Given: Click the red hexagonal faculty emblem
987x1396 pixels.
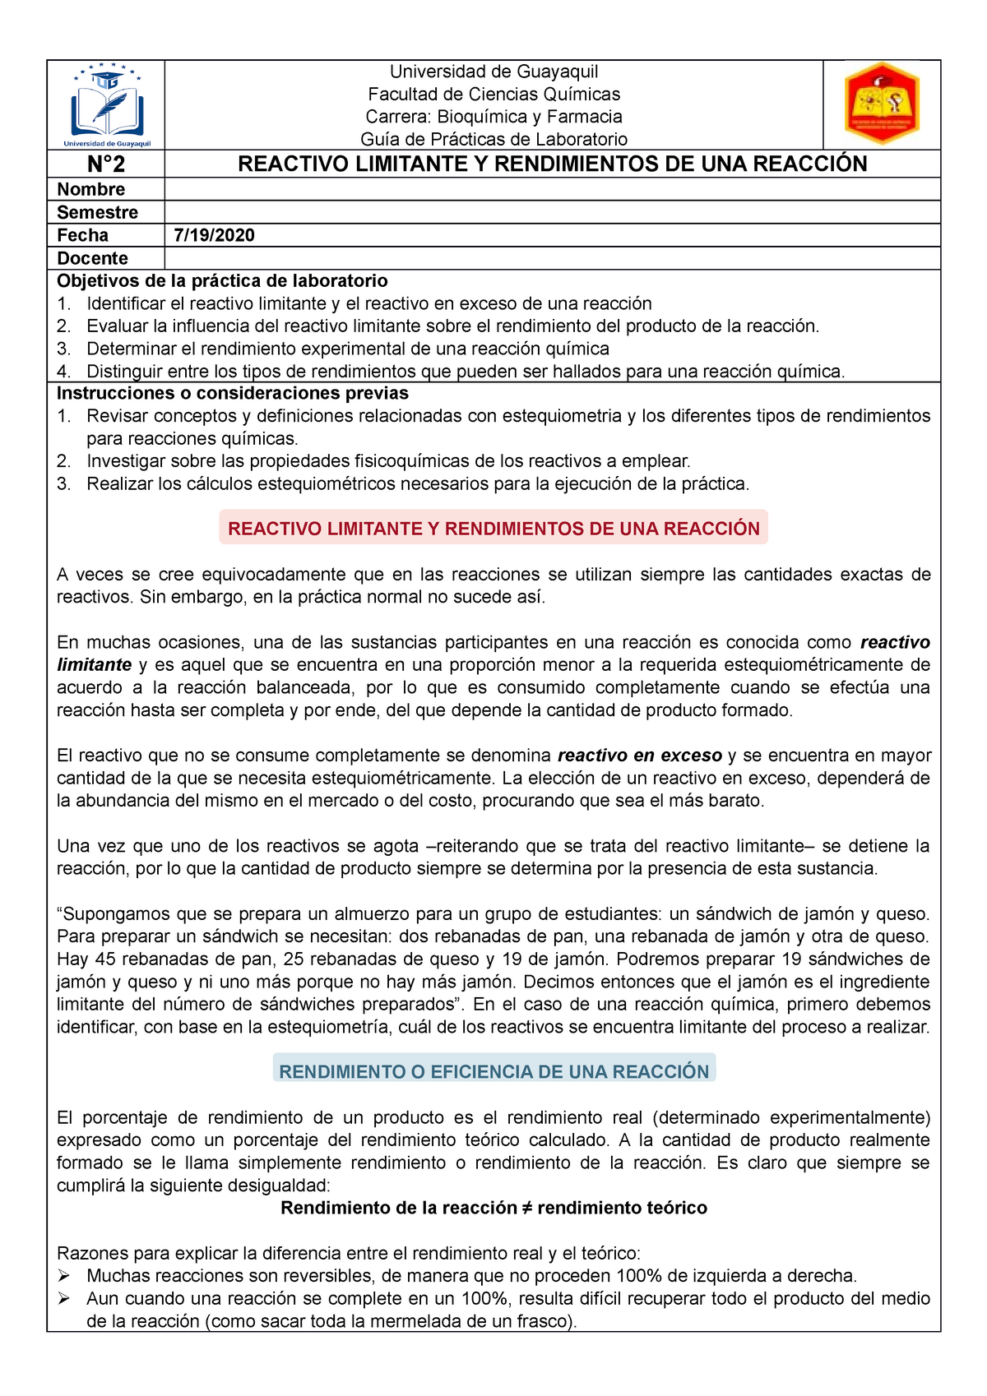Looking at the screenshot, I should pos(882,104).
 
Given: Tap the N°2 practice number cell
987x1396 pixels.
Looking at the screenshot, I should pos(106,164).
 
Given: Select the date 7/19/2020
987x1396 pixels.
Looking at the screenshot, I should pos(214,235).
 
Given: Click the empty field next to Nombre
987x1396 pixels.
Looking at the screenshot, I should pos(551,189).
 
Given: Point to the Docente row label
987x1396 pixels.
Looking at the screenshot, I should pos(92,258).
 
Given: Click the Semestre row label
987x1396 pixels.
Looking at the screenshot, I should pos(97,212).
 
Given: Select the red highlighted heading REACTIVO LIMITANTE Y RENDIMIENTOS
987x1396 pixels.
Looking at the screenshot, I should pos(493,529).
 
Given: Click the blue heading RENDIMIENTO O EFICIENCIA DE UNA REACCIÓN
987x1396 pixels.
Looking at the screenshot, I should pos(493,1071).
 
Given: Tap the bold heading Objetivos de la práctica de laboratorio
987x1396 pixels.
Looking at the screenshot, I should pos(222,280).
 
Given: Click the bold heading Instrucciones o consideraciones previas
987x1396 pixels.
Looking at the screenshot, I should pos(232,393).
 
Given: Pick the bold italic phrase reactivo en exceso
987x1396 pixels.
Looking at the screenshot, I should pos(639,755).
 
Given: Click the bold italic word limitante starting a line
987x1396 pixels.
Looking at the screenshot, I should pos(94,664).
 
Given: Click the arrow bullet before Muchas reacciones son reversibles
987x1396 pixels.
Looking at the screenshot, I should pos(65,1276).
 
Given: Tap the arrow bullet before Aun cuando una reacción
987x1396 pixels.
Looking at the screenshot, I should pos(65,1299).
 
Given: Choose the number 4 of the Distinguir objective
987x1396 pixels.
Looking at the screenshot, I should pos(63,372).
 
